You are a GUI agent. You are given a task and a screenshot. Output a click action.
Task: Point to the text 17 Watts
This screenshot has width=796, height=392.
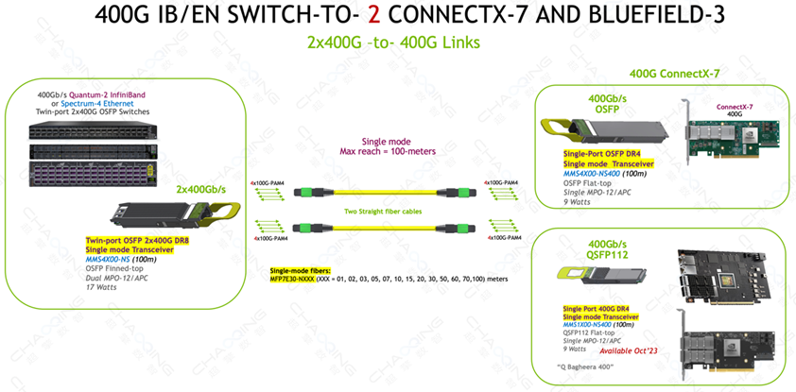106,286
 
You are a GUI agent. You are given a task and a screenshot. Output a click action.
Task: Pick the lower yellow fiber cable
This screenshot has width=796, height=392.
398,227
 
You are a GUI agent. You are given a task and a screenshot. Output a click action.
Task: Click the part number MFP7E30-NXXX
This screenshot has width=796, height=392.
299,280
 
